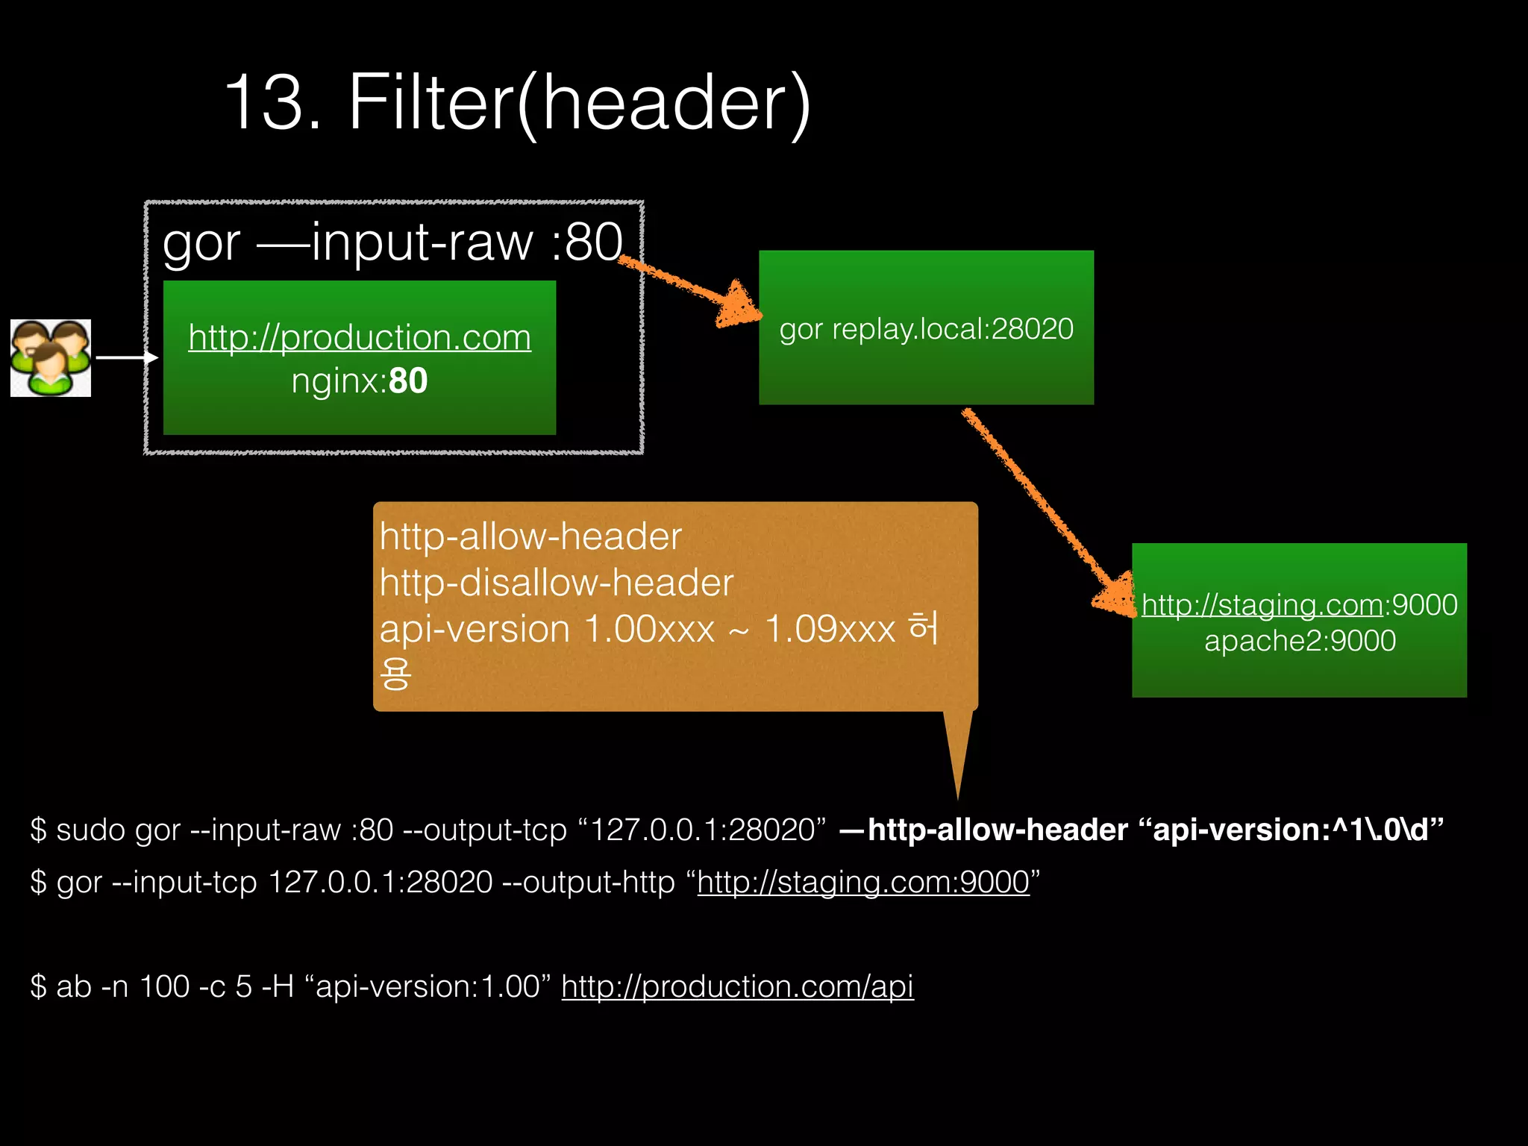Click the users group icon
click(x=51, y=358)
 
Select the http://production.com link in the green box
click(x=360, y=337)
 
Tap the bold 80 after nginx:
click(x=408, y=381)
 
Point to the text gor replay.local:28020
click(x=926, y=329)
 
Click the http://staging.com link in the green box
click(x=1261, y=604)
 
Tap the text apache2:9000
click(x=1300, y=641)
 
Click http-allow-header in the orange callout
click(x=530, y=536)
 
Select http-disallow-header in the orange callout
click(x=557, y=583)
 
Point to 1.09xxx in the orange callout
click(x=830, y=629)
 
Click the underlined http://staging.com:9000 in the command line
click(x=863, y=882)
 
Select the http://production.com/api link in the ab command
click(x=737, y=986)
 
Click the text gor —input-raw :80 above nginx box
click(x=392, y=242)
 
